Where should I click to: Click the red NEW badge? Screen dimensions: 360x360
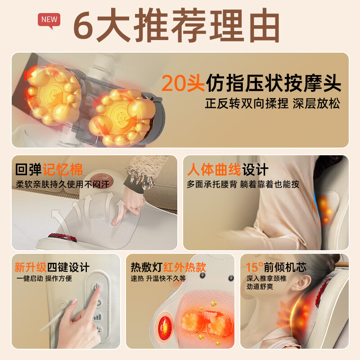49,19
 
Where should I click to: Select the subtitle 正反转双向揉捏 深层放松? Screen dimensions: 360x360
272,103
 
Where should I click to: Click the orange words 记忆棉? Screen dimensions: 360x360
63,170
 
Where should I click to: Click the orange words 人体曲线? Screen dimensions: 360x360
214,170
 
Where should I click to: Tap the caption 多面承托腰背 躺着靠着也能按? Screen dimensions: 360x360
243,184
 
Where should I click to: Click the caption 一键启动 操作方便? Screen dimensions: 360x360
44,279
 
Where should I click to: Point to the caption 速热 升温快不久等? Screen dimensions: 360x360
158,279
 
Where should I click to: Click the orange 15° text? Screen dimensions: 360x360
255,267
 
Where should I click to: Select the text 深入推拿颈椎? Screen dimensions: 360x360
266,279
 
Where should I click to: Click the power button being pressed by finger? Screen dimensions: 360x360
97,288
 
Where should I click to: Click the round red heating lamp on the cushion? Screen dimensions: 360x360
165,324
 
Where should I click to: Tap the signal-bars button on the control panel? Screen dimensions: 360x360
97,317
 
